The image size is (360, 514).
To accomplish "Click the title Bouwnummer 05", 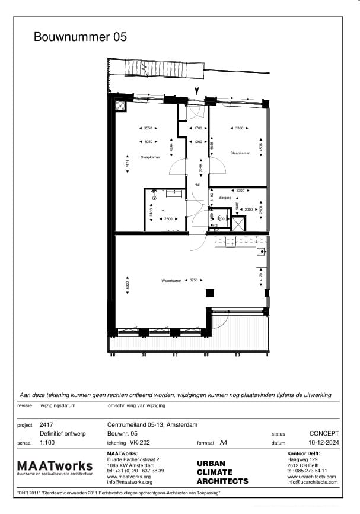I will pyautogui.click(x=80, y=37).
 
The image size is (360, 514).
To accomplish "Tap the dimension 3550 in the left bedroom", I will pyautogui.click(x=148, y=128).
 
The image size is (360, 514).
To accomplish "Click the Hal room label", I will pyautogui.click(x=197, y=185).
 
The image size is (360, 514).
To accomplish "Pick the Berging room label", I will pyautogui.click(x=224, y=197).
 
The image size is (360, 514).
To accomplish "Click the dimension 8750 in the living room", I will pyautogui.click(x=193, y=281).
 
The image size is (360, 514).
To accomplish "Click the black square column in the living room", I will pyautogui.click(x=209, y=292).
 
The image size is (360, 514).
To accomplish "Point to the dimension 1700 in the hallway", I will pyautogui.click(x=198, y=128).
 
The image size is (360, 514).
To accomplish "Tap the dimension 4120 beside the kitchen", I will pyautogui.click(x=260, y=275).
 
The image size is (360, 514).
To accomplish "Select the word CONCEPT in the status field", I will pyautogui.click(x=324, y=434).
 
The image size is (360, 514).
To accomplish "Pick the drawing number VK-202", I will pyautogui.click(x=139, y=443).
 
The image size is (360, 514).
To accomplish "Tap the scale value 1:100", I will pyautogui.click(x=47, y=443).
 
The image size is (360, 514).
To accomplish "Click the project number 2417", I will pyautogui.click(x=46, y=425).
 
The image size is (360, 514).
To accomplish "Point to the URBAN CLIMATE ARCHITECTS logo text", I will pyautogui.click(x=222, y=472).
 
